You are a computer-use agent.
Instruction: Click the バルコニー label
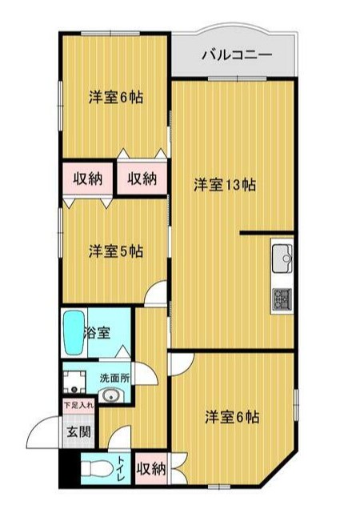tap(236, 55)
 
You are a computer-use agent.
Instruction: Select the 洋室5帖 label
tap(116, 251)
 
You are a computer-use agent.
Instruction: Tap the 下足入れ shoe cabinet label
tap(78, 405)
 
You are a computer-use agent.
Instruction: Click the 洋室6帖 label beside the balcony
tap(116, 98)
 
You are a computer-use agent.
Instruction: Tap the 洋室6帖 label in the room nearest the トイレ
tap(231, 417)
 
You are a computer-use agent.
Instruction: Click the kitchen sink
tap(282, 258)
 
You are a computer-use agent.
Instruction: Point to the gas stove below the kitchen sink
tap(282, 298)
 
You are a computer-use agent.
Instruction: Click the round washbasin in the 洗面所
tap(110, 395)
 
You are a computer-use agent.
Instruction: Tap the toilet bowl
tap(95, 470)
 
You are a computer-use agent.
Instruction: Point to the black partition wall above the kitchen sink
tap(267, 233)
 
